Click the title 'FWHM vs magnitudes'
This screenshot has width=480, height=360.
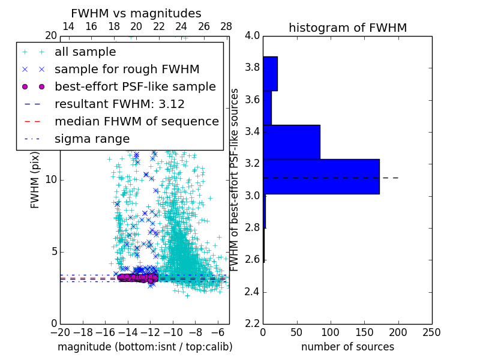point(136,13)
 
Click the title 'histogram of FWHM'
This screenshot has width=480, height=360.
point(347,28)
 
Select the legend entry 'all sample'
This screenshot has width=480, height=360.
point(85,52)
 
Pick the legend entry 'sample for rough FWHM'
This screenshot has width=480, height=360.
point(127,69)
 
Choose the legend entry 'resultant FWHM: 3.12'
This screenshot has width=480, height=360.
point(119,104)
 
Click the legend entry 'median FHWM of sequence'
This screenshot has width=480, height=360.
point(136,121)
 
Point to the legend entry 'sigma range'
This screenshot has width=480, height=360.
point(92,139)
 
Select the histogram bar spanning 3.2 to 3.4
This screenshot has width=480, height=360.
point(292,142)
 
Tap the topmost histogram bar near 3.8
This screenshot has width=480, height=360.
point(270,73)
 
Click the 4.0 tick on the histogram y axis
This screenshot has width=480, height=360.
point(253,35)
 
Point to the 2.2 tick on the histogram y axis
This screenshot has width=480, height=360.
point(253,324)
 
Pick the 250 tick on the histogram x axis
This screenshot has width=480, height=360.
point(431,332)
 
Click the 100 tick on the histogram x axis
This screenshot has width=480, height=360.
point(331,332)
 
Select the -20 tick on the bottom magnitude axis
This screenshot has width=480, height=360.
point(60,332)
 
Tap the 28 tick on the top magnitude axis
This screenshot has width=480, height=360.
point(226,26)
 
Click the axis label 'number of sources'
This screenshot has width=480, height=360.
point(347,347)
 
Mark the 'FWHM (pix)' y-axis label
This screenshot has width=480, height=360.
point(35,180)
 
